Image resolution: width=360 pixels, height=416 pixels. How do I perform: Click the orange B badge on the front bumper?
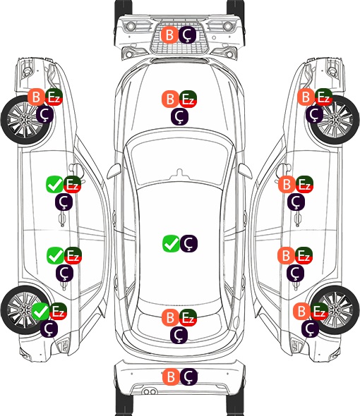pyautogui.click(x=169, y=35)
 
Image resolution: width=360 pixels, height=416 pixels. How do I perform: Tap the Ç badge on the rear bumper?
pyautogui.click(x=188, y=377)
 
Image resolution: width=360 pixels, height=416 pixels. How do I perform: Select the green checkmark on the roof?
pyautogui.click(x=171, y=243)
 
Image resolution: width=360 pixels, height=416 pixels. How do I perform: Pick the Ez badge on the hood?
pyautogui.click(x=188, y=99)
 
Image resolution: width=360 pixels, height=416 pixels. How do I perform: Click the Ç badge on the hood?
pyautogui.click(x=179, y=117)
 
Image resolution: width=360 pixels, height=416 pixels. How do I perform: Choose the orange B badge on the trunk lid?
pyautogui.click(x=171, y=317)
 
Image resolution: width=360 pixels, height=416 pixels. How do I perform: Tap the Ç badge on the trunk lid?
pyautogui.click(x=179, y=336)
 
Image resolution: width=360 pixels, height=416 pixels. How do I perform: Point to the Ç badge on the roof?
pyautogui.click(x=188, y=243)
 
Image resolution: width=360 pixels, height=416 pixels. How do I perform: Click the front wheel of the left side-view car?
pyautogui.click(x=26, y=121)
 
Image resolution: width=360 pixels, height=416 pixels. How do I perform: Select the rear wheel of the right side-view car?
pyautogui.click(x=335, y=310)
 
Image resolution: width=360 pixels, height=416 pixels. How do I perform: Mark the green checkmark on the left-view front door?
pyautogui.click(x=54, y=185)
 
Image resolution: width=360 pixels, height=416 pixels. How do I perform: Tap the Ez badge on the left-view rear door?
pyautogui.click(x=73, y=255)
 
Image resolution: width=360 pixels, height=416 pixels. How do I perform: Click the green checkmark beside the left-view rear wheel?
pyautogui.click(x=40, y=311)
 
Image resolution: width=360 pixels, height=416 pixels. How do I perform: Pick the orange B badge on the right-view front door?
pyautogui.click(x=287, y=185)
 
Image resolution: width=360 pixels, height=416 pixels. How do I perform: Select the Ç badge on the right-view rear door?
pyautogui.click(x=295, y=274)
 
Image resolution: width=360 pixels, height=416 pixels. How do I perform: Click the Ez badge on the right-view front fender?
pyautogui.click(x=323, y=97)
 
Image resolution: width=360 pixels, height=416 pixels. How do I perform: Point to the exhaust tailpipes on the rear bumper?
pyautogui.click(x=149, y=392)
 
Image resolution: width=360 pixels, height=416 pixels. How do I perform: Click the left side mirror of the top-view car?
pyautogui.click(x=114, y=171)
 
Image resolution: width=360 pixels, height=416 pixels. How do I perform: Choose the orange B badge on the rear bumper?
pyautogui.click(x=171, y=377)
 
